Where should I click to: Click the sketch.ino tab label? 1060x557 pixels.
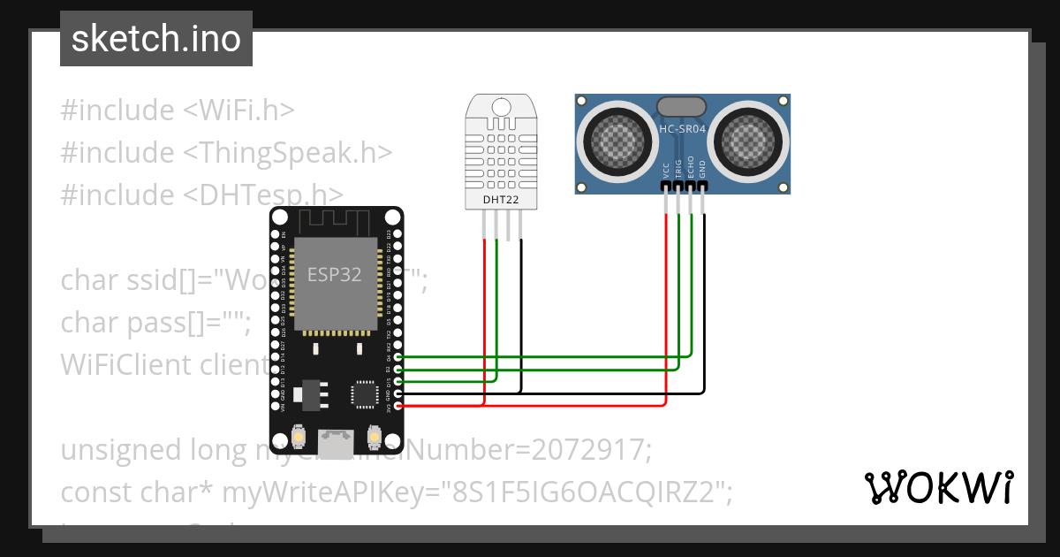pyautogui.click(x=156, y=39)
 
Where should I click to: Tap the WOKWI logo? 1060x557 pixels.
pyautogui.click(x=938, y=487)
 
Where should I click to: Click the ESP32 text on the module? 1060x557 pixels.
pyautogui.click(x=334, y=274)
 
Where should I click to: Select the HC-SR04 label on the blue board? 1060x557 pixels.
pyautogui.click(x=683, y=129)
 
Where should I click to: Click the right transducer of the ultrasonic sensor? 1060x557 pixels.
pyautogui.click(x=751, y=139)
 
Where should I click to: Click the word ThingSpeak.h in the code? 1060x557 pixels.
pyautogui.click(x=287, y=152)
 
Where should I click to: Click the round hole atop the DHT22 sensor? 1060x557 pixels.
pyautogui.click(x=502, y=107)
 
